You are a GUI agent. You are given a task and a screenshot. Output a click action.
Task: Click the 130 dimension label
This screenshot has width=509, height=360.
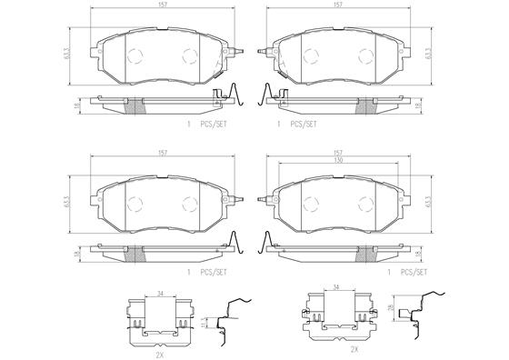coord(338,160)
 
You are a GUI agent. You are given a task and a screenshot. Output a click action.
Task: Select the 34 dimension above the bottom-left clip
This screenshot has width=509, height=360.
coord(160,295)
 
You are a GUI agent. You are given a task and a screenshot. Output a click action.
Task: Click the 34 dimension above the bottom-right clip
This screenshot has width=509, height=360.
coord(336,287)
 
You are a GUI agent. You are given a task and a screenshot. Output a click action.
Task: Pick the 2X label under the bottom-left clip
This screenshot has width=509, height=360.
coord(159,354)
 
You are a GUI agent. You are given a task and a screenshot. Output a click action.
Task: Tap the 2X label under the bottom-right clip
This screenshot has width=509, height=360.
coord(354,350)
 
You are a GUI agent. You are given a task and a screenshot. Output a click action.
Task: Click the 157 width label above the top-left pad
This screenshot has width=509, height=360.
coord(163,5)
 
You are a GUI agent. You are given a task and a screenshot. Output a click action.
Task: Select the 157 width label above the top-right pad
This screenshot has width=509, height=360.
coord(338,5)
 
